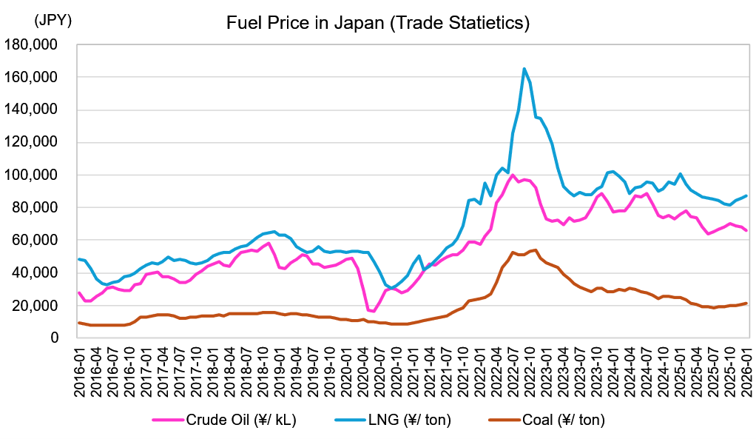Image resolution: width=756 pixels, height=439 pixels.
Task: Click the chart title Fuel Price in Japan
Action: click(378, 23)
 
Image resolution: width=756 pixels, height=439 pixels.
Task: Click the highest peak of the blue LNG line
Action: click(524, 69)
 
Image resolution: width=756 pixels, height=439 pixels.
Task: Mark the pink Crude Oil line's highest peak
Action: click(513, 175)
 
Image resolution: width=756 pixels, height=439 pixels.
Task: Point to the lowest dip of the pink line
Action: click(374, 311)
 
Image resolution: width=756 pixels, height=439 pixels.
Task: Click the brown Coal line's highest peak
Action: click(535, 249)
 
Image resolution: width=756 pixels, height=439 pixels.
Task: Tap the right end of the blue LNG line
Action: click(746, 195)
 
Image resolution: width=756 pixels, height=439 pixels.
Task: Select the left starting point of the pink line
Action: click(79, 292)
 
